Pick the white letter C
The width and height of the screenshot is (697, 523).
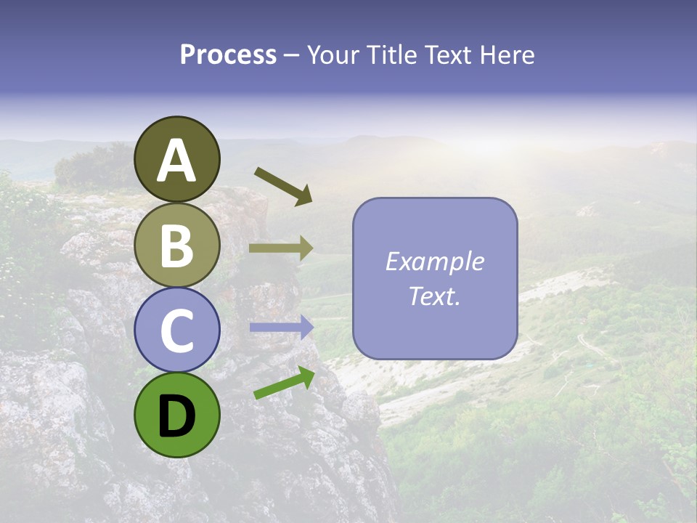click(177, 331)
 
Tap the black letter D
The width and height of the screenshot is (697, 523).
click(177, 416)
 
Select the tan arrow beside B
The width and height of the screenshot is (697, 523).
click(281, 248)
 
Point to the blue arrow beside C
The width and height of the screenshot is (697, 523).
click(281, 328)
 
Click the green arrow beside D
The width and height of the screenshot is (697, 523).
click(284, 383)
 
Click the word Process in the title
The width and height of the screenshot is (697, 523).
click(228, 55)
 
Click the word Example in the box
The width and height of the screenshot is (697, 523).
click(434, 261)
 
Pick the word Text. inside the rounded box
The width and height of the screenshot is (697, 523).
click(434, 296)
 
